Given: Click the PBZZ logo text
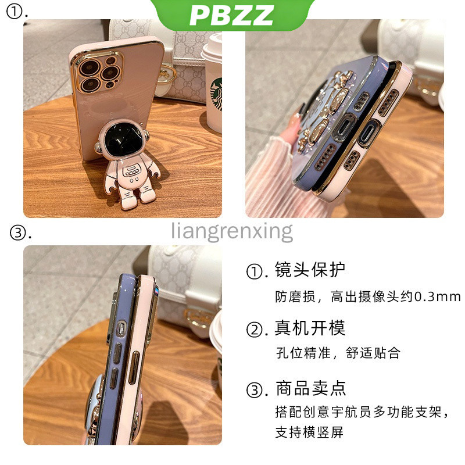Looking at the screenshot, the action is click(231, 15).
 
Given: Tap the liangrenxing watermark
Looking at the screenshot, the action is click(232, 231).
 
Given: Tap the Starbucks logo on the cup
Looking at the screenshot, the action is click(216, 94).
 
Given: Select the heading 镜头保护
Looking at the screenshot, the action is click(310, 270).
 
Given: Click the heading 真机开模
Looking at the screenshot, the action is click(310, 328).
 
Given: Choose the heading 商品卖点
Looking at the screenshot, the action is click(311, 388).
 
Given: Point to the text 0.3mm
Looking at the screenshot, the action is click(438, 296).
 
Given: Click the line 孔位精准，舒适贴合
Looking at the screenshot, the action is click(338, 353).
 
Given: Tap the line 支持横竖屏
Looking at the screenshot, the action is click(309, 432).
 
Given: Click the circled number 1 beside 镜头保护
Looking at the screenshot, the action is click(255, 271).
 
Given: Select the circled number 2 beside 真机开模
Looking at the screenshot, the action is click(255, 329).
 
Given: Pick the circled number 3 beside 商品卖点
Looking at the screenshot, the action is click(255, 390).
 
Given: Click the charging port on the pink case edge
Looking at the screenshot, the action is click(369, 134).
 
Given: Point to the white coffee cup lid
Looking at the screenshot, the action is click(211, 49).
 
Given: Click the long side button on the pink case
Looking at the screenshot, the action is click(134, 368).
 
